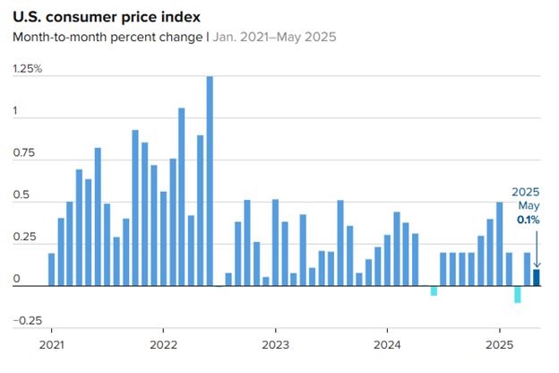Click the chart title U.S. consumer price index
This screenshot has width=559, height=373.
click(107, 17)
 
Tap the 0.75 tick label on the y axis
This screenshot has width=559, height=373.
click(23, 153)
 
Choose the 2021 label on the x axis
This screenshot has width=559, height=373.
click(52, 344)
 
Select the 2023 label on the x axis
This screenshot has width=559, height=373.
click(275, 344)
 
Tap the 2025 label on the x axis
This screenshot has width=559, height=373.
click(499, 344)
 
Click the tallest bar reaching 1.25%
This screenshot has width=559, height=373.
click(210, 180)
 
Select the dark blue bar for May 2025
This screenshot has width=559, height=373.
click(537, 277)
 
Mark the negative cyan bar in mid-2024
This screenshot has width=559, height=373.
click(434, 291)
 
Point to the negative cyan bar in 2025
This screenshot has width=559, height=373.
click(518, 294)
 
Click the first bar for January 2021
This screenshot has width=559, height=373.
click(52, 269)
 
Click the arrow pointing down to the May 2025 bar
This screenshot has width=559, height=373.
click(537, 247)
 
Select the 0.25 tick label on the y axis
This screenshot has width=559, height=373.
click(23, 238)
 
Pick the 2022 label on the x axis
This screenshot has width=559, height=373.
click(163, 344)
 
